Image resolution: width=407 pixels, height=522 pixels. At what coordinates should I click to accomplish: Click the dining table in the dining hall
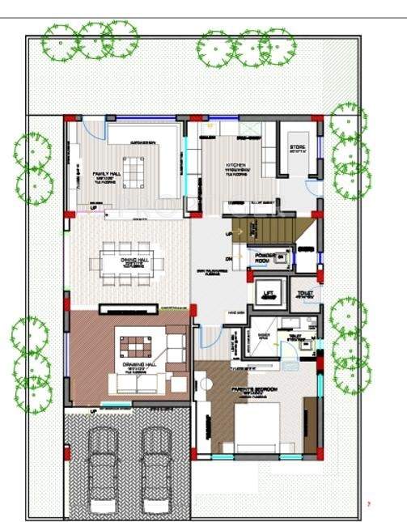tap(125, 262)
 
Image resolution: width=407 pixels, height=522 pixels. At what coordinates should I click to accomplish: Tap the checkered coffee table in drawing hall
tap(134, 346)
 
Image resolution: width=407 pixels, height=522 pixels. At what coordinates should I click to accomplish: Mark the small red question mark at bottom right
tap(369, 503)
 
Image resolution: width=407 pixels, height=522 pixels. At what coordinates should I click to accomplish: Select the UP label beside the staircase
tap(229, 233)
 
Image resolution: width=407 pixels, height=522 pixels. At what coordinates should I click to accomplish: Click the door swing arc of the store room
tap(312, 189)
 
